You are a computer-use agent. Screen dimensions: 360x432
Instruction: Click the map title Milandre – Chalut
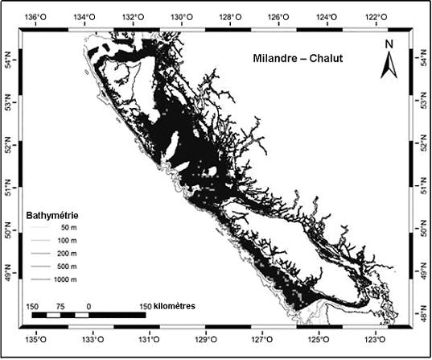297,59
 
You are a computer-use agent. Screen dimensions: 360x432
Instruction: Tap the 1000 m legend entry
64,278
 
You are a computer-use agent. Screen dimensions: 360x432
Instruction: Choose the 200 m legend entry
66,254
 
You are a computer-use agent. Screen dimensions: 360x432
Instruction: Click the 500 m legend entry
66,266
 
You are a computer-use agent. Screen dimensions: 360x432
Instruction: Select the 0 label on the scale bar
87,307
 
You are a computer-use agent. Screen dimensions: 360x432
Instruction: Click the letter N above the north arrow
388,43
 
